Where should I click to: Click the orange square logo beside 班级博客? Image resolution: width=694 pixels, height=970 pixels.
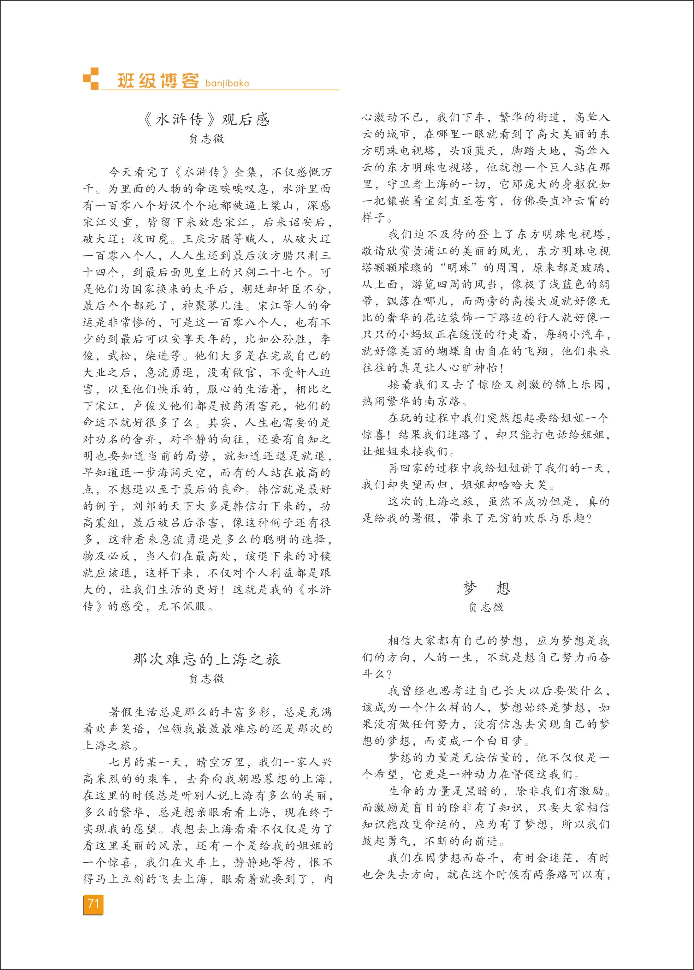[91, 79]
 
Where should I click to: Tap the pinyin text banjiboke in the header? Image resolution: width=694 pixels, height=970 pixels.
[227, 83]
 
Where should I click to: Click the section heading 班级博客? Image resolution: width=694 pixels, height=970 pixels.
[158, 80]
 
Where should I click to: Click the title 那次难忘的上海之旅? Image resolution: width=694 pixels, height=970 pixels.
[207, 659]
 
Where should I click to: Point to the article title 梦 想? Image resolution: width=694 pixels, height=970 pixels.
[486, 588]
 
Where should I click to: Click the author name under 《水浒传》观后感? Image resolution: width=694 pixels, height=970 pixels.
[207, 139]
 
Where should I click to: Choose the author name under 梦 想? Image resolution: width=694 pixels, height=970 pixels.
[486, 607]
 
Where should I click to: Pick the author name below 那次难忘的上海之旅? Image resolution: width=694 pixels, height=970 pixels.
[207, 679]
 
